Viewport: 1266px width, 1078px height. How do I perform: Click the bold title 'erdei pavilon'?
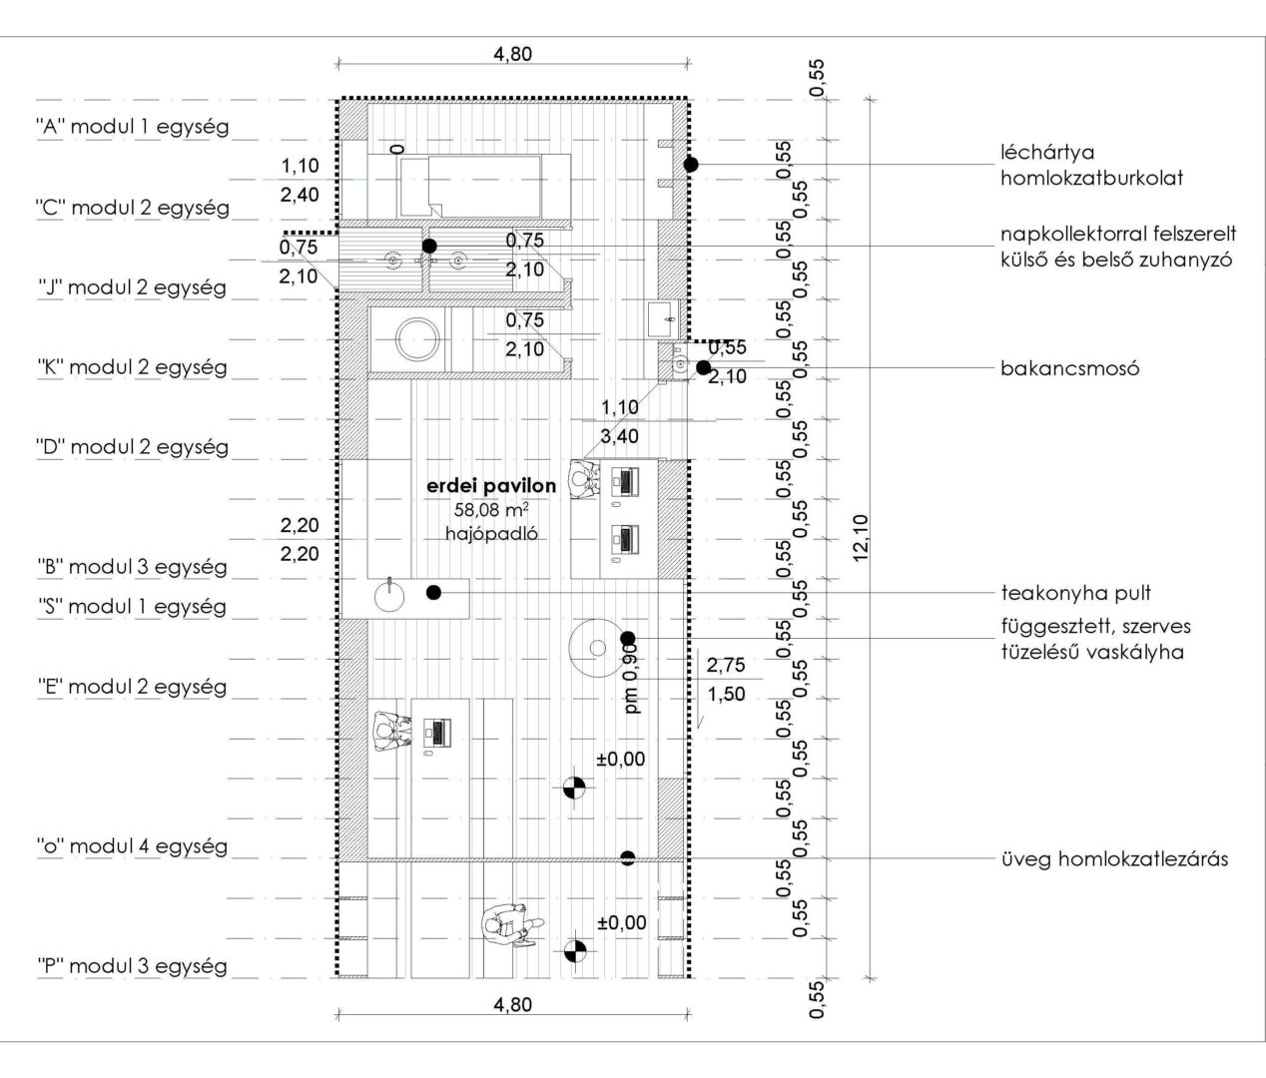coord(491,486)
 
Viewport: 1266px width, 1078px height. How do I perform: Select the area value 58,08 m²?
coord(491,510)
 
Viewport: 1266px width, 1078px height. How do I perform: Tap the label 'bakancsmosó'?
coord(1070,368)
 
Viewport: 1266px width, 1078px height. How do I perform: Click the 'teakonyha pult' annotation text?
coord(1076,593)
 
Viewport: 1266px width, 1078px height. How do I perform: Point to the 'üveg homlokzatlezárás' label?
coord(1114,858)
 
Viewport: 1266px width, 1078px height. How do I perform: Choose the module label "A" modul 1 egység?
coord(133,127)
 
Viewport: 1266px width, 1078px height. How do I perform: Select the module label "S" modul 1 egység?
coord(133,607)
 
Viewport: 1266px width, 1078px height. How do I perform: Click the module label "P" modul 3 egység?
coord(133,966)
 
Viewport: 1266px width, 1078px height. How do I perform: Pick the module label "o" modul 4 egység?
coord(133,845)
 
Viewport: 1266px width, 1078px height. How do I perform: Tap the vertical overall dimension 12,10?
coord(860,537)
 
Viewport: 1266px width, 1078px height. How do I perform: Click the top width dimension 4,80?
coord(512,54)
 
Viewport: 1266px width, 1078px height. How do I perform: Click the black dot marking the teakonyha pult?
coord(433,592)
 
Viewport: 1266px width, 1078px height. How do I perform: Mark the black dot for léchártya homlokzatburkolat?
coord(691,164)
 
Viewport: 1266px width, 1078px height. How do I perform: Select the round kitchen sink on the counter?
coord(389,596)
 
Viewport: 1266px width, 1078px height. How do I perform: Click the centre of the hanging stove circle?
coord(598,648)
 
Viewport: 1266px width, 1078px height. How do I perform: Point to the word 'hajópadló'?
coord(491,533)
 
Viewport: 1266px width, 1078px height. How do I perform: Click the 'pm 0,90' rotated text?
coord(631,679)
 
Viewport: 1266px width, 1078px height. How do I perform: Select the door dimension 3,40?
coord(619,436)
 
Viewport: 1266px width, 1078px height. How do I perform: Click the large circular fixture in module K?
coord(417,339)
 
